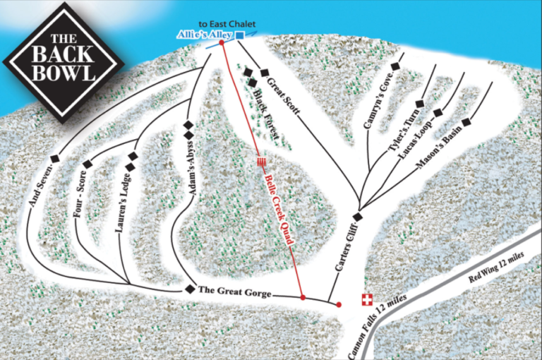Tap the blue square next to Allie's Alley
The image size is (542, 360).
coord(240,35)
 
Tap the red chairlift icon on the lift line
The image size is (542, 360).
coord(262,162)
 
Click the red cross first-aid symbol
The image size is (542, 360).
coord(366,299)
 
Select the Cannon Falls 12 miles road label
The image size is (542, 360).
coord(378,325)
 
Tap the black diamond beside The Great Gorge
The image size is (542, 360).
coord(189,289)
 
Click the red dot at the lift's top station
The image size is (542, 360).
coord(222,42)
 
